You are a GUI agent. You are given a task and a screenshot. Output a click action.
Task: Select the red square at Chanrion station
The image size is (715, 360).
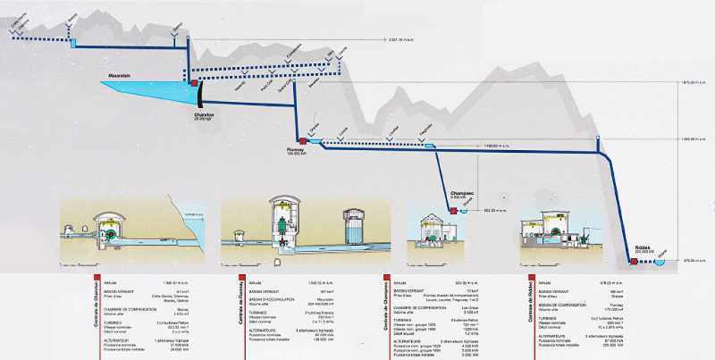(x=194, y=84)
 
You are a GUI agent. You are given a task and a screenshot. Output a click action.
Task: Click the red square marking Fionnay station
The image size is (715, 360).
(x=304, y=141)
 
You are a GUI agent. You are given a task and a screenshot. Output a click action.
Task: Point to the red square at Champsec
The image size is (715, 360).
(x=454, y=211)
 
